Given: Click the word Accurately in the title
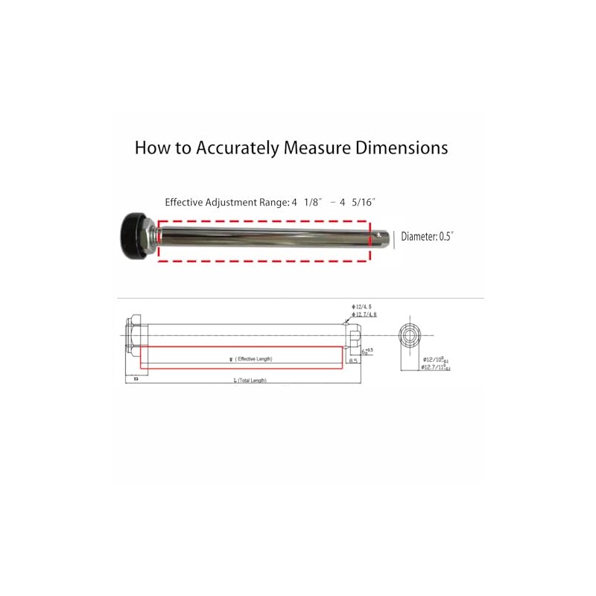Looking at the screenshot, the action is pos(236,148).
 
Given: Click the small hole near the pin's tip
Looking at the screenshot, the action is pos(380,238).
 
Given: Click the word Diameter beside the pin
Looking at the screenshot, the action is pos(418,237).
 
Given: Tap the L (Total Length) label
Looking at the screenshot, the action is pos(250,380).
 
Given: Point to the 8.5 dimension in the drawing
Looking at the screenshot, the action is pos(354,361).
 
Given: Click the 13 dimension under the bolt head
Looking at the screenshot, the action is pos(136,378).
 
